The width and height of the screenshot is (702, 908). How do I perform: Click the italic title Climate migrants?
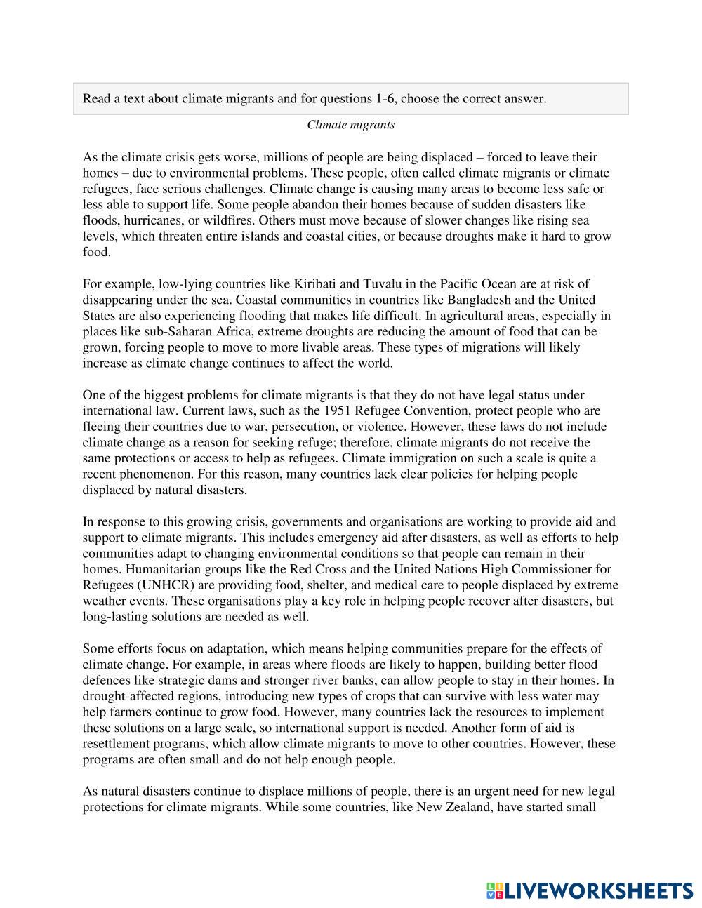click(x=350, y=125)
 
